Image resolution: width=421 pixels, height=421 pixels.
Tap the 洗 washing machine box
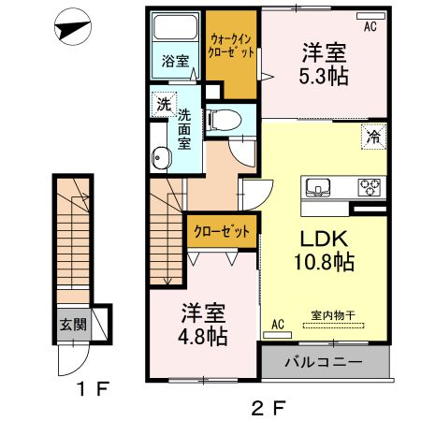[x=163, y=105]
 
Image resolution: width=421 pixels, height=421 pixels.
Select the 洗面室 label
[x=184, y=129]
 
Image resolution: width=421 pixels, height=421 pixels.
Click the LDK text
[x=322, y=238]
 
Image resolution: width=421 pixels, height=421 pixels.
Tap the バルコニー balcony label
[x=324, y=362]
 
